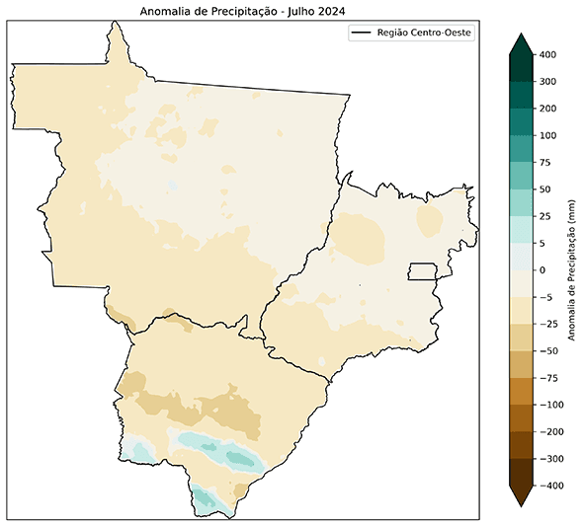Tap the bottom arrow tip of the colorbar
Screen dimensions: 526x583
tap(522, 507)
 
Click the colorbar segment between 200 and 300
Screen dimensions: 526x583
tap(522, 96)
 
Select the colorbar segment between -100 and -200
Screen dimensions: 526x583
tap(522, 418)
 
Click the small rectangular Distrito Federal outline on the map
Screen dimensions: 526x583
tap(423, 271)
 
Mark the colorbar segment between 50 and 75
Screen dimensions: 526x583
tap(522, 176)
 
